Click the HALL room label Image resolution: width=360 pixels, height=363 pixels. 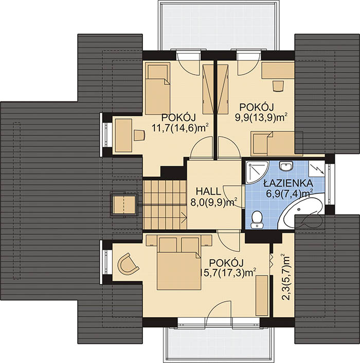(x=208, y=191)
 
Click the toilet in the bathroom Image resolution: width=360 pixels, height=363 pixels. (x=257, y=219)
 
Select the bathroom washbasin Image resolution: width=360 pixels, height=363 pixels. (x=286, y=166)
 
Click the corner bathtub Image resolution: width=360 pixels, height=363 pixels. (x=300, y=210)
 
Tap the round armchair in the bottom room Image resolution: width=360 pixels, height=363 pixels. (x=128, y=264)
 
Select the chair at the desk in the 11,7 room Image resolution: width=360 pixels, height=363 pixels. (x=139, y=135)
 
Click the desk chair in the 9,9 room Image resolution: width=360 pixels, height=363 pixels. (x=278, y=87)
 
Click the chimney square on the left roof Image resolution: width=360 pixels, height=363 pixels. (x=124, y=204)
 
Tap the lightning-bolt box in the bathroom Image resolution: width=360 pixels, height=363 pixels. (x=316, y=168)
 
